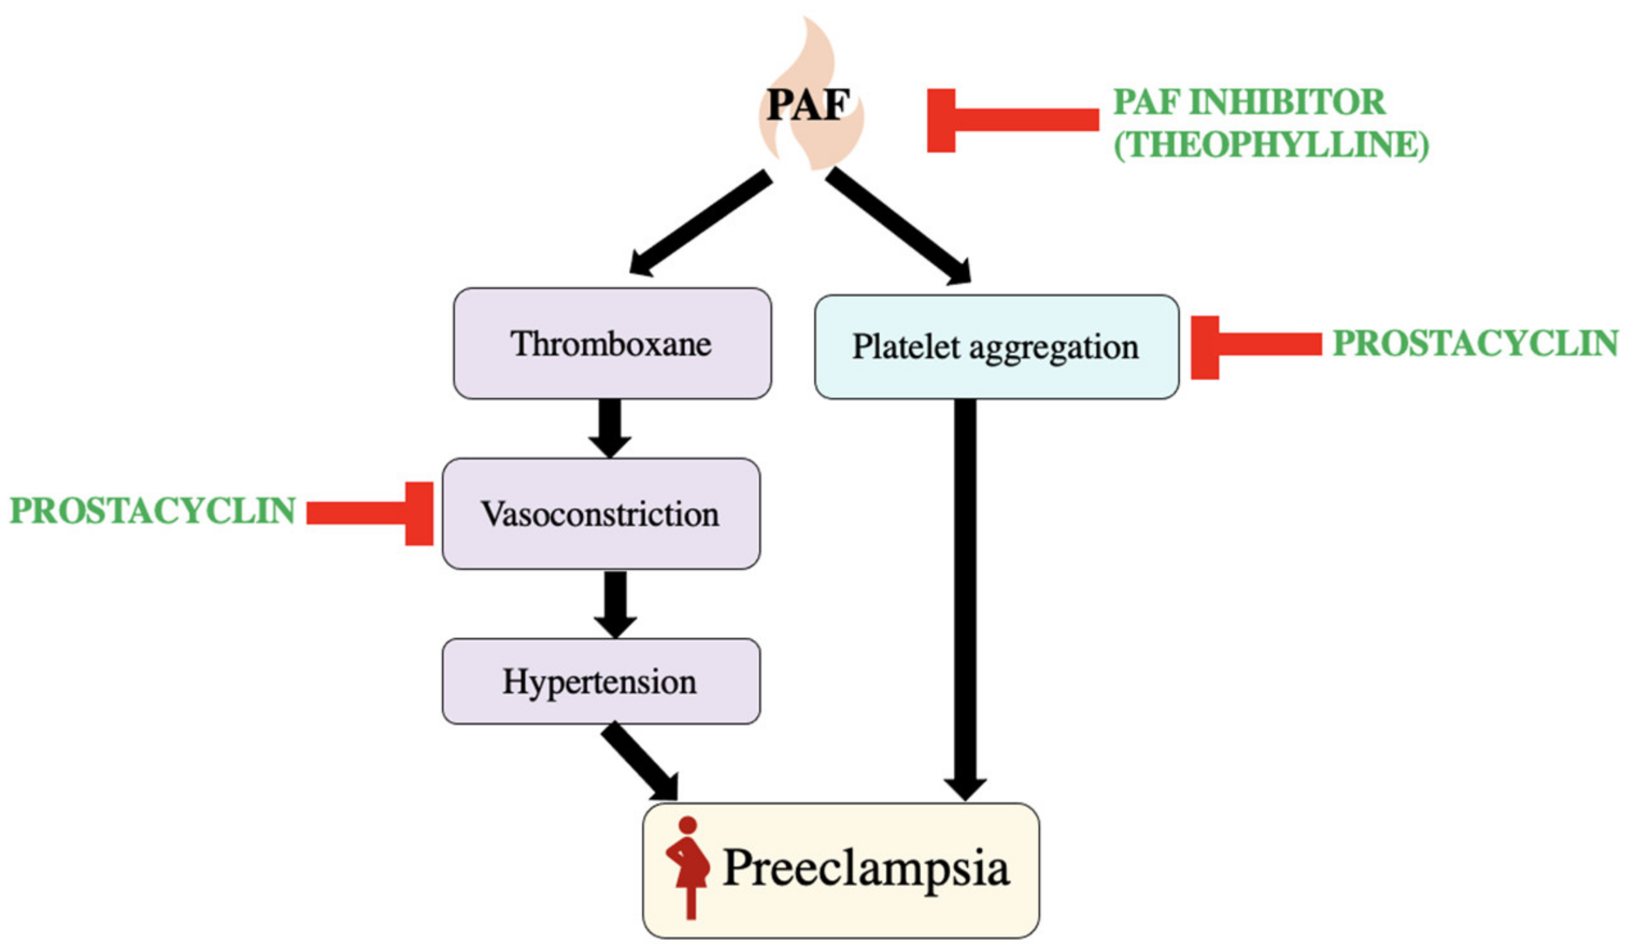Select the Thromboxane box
coord(611,343)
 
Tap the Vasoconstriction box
coord(600,514)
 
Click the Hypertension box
coord(600,681)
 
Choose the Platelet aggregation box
coord(995,347)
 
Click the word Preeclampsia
coord(866,868)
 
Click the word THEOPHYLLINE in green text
coord(1271,144)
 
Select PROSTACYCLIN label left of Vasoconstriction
coord(153,511)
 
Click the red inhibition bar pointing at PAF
coord(1012,120)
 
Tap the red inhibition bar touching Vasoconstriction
coord(370,513)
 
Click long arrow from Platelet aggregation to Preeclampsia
coord(965,597)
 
